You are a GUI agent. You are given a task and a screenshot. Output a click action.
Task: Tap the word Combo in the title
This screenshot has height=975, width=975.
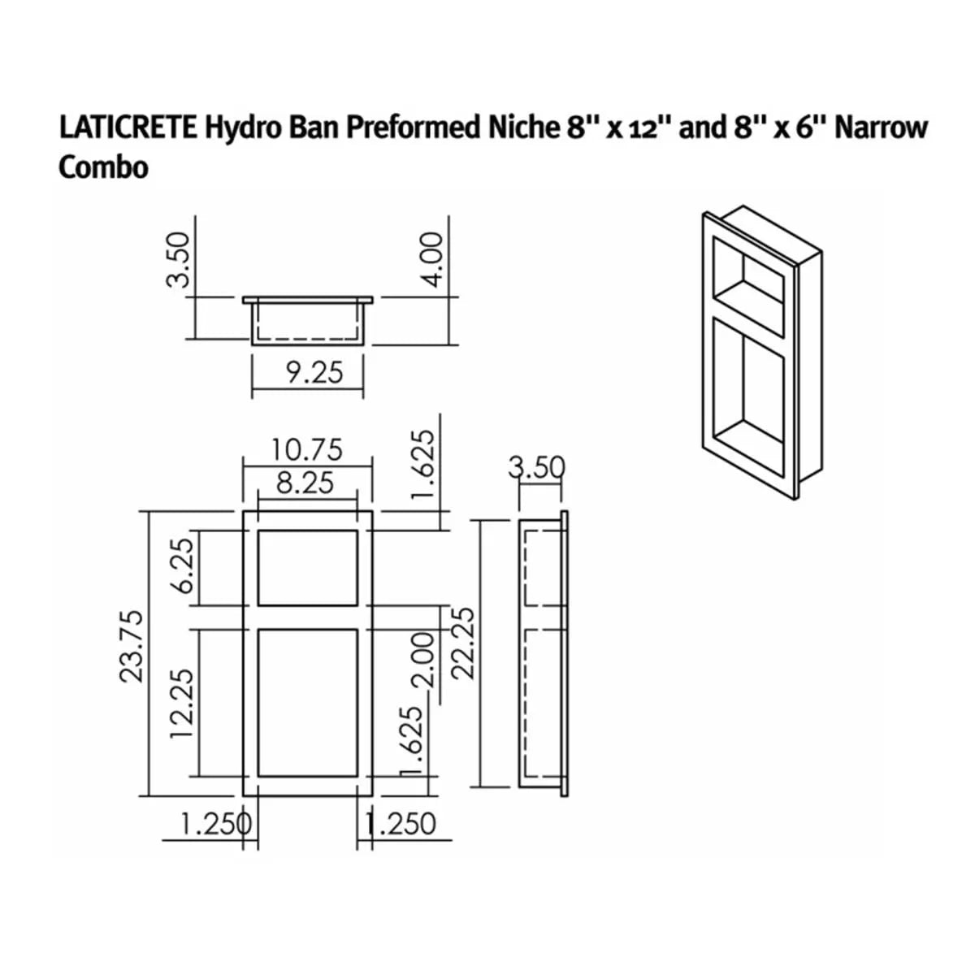103,167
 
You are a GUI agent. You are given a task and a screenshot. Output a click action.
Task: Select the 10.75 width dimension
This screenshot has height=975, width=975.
308,448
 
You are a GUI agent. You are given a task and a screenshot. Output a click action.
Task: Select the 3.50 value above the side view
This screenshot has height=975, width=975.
536,468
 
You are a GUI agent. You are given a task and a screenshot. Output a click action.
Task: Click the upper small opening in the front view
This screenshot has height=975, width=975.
308,568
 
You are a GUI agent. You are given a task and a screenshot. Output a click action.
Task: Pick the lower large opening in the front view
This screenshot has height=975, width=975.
308,703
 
